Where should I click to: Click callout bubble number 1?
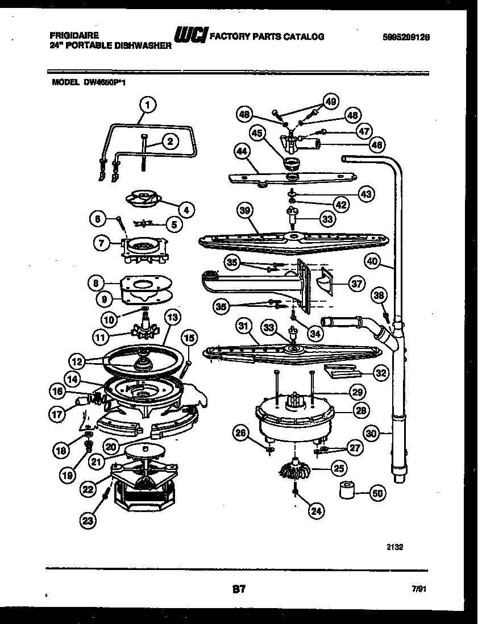coord(147,105)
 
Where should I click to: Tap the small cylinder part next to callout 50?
coord(348,490)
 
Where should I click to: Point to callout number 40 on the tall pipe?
coord(372,261)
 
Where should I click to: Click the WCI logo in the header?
coord(190,36)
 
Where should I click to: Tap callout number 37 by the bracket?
coord(356,284)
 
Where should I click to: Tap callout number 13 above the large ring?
coord(172,317)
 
